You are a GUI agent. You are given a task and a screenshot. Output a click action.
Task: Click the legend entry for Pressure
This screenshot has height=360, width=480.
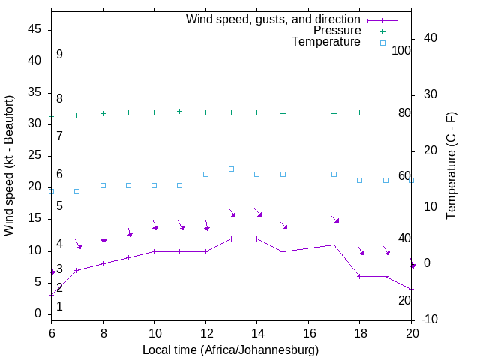[337, 31]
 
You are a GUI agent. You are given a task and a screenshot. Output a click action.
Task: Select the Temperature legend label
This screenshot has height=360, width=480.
[326, 42]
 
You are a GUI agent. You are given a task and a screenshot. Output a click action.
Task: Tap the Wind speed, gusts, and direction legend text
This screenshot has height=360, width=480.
[273, 19]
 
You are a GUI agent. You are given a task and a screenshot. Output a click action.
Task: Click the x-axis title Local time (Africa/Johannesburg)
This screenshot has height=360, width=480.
[230, 350]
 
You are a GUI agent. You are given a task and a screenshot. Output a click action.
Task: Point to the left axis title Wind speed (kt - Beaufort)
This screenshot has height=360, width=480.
[9, 165]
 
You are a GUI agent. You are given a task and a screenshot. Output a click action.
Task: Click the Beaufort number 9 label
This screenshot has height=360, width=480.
[59, 55]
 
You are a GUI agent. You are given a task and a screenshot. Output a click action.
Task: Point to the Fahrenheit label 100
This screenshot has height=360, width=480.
[402, 50]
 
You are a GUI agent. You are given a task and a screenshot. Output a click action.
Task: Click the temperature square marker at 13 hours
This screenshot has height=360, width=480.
[231, 169]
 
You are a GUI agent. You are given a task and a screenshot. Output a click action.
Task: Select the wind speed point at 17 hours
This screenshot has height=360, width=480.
[334, 244]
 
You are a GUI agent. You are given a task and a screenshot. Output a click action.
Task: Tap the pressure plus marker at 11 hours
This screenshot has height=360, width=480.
[179, 111]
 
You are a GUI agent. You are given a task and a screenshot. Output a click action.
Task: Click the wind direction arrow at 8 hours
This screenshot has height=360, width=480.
[103, 237]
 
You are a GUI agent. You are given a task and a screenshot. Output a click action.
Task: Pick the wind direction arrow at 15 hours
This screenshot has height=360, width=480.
[283, 225]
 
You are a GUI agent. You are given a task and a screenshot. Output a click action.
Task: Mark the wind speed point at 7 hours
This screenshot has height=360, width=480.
[76, 270]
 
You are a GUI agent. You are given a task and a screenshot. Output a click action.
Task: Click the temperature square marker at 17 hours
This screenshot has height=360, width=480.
[334, 174]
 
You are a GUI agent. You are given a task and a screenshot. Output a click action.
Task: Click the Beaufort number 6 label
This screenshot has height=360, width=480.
[59, 175]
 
